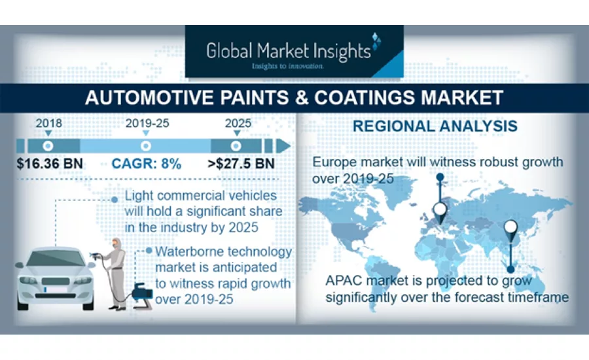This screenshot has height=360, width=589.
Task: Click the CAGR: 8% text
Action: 147,163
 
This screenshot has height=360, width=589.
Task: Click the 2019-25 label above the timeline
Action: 146,123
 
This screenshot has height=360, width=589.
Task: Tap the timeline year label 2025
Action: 236,123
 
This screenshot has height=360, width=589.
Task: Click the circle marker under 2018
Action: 48,145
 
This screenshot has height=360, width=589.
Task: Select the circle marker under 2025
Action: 236,145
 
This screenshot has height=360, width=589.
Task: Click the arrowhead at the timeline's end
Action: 284,145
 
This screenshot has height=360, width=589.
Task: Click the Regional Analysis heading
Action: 435,126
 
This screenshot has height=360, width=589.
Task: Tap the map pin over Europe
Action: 440,211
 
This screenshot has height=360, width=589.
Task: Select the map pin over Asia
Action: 510,229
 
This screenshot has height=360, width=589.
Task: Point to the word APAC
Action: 347,281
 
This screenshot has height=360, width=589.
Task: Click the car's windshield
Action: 55,258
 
